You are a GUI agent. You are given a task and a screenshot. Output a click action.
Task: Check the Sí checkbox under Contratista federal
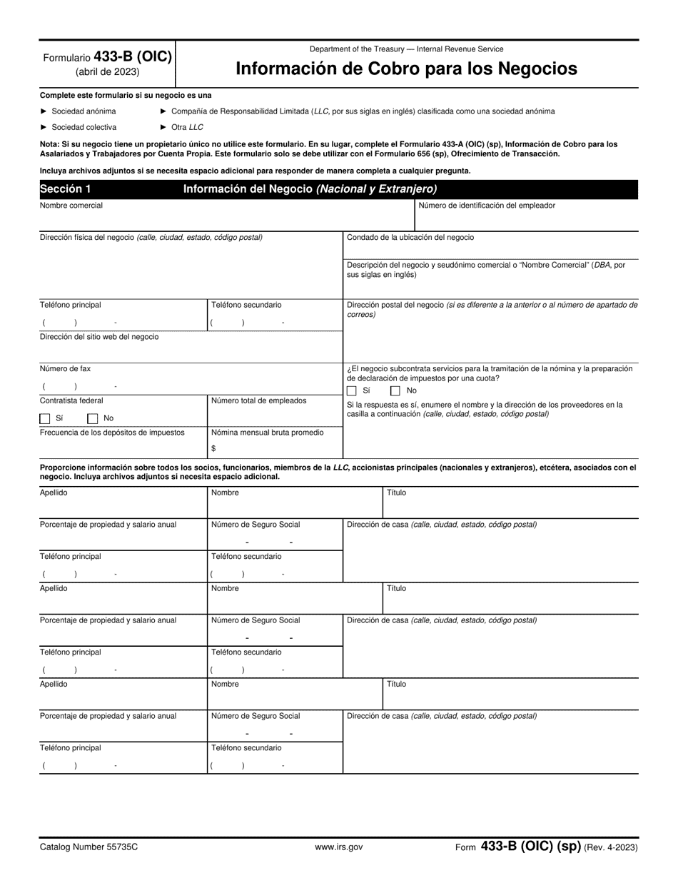[45, 419]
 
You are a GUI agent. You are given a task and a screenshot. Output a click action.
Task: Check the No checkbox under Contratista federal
[92, 419]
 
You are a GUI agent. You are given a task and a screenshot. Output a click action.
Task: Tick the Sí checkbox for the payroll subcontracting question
[352, 391]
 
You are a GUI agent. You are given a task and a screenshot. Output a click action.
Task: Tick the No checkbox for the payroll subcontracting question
[395, 391]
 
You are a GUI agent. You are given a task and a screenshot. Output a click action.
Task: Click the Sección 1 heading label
[66, 189]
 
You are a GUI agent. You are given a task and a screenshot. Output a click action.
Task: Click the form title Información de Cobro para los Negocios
[406, 69]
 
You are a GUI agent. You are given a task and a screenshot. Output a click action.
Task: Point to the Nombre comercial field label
[71, 206]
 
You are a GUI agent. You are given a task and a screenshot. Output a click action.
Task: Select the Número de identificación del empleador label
[486, 206]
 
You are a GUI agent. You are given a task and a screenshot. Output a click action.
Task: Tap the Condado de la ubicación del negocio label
[410, 237]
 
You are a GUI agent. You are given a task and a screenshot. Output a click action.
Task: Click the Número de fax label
[65, 369]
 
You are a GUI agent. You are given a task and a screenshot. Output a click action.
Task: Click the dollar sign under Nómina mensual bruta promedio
[213, 448]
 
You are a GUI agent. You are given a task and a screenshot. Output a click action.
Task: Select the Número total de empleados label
[258, 400]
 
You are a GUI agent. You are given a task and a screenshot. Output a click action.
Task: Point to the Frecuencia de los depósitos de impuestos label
[112, 432]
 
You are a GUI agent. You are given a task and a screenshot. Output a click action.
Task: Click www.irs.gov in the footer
[338, 847]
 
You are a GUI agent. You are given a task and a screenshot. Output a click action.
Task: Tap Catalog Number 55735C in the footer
[88, 847]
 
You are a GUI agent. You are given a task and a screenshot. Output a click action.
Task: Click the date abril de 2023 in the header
[107, 71]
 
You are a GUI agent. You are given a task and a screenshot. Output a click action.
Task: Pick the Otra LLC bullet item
[186, 127]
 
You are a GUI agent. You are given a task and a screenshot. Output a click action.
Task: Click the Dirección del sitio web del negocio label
[99, 337]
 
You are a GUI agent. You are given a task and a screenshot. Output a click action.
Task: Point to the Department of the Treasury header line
[406, 49]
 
